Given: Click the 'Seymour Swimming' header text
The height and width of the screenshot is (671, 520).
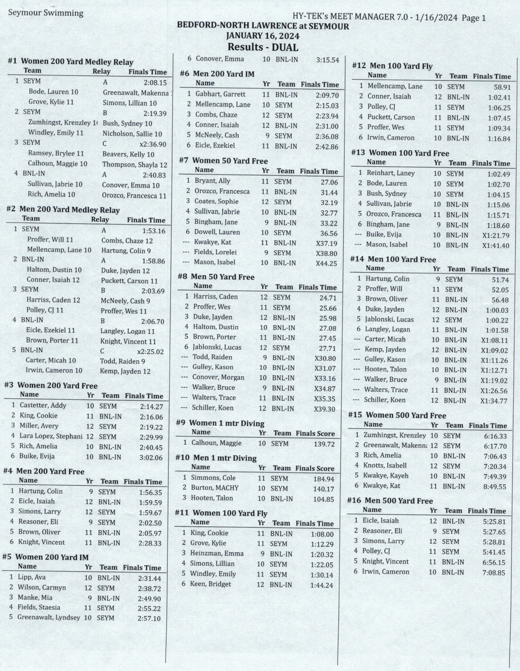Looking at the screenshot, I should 46,13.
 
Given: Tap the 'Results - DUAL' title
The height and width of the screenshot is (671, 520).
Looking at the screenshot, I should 263,47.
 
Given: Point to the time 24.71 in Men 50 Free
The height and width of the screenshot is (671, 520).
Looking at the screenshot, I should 328,298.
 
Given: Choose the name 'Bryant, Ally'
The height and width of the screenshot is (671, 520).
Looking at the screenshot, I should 213,181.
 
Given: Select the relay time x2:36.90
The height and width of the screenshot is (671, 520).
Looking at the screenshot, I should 153,144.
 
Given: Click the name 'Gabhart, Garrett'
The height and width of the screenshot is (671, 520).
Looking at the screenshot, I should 220,95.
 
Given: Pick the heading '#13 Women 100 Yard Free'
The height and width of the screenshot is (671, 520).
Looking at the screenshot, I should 400,153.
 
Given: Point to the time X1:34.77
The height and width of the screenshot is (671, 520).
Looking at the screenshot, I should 494,401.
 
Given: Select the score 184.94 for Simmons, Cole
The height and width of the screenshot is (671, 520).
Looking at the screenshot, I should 324,479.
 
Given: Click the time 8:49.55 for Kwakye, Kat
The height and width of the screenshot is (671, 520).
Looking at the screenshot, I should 495,487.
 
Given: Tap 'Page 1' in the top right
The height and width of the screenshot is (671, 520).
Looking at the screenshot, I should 474,18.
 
